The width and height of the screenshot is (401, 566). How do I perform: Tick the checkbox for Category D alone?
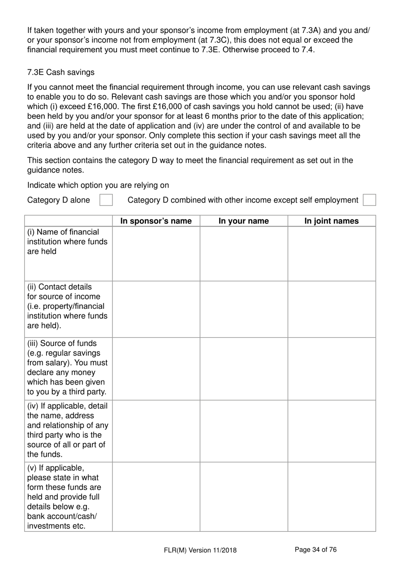click(x=106, y=200)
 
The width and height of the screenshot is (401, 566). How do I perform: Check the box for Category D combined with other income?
click(x=369, y=200)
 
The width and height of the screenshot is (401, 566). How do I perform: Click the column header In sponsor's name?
click(x=156, y=221)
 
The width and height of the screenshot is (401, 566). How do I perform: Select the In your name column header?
click(x=244, y=221)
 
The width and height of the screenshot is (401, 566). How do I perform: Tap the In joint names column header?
click(x=331, y=221)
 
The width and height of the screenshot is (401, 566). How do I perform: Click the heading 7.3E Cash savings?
click(x=61, y=72)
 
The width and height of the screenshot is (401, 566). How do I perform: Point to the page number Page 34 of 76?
click(x=315, y=550)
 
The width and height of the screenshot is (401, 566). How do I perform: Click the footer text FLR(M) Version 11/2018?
click(x=200, y=550)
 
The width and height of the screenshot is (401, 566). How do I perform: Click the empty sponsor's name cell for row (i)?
click(x=156, y=254)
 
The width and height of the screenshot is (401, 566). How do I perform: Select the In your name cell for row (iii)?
click(x=244, y=369)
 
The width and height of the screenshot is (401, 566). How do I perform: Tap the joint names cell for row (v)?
click(x=331, y=496)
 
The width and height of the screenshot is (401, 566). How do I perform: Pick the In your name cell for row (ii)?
click(x=244, y=309)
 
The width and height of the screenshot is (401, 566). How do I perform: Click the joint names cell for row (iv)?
click(x=331, y=431)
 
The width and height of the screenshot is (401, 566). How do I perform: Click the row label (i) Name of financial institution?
click(x=68, y=242)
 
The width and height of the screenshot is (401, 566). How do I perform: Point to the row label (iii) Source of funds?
click(x=68, y=367)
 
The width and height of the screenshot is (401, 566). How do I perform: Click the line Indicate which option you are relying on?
click(x=98, y=185)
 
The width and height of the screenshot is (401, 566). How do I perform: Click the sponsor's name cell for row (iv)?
click(x=156, y=431)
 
